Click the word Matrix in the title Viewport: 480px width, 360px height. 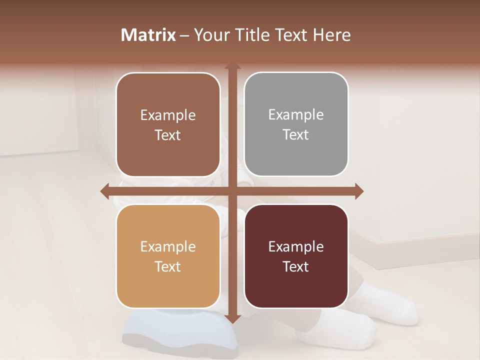(x=148, y=35)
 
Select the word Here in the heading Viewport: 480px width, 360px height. (x=331, y=35)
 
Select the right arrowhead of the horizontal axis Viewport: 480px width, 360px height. (x=358, y=191)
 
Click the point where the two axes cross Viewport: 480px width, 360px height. (x=232, y=191)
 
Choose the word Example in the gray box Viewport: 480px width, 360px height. (x=296, y=114)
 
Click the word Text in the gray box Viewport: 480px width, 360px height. (x=296, y=134)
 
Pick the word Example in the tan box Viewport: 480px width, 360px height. (x=168, y=246)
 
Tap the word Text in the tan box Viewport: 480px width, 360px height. (x=168, y=266)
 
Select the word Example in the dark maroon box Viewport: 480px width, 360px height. (x=296, y=246)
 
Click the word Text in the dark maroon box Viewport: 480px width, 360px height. (x=296, y=266)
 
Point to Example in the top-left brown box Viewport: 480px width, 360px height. (x=168, y=115)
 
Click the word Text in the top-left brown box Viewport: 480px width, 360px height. (x=168, y=135)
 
